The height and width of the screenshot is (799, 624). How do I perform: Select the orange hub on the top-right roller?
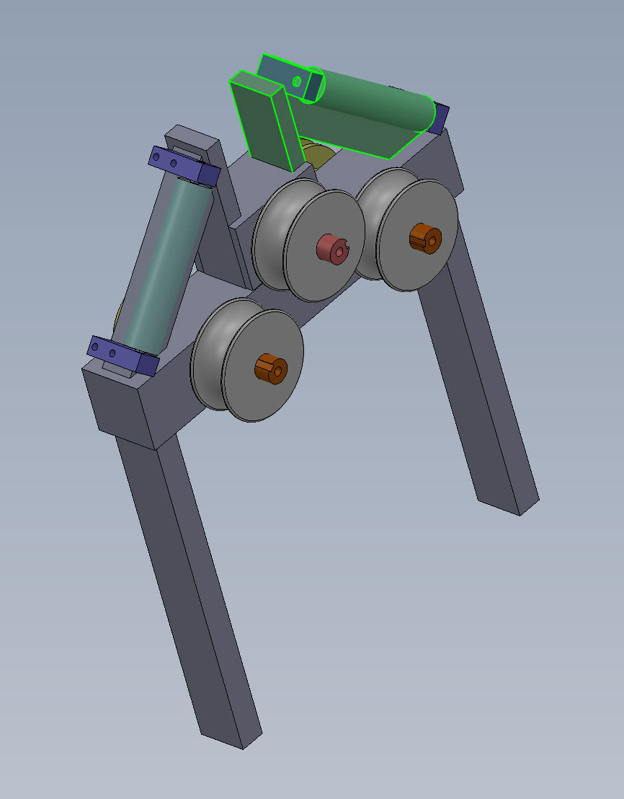pyautogui.click(x=424, y=238)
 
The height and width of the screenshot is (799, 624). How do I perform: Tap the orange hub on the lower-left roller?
pyautogui.click(x=270, y=368)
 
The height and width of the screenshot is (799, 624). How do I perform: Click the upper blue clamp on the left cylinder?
pyautogui.click(x=184, y=166)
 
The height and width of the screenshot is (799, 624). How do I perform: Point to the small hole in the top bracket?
pyautogui.click(x=296, y=81)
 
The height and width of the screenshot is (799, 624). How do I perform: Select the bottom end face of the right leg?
pyautogui.click(x=508, y=505)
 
